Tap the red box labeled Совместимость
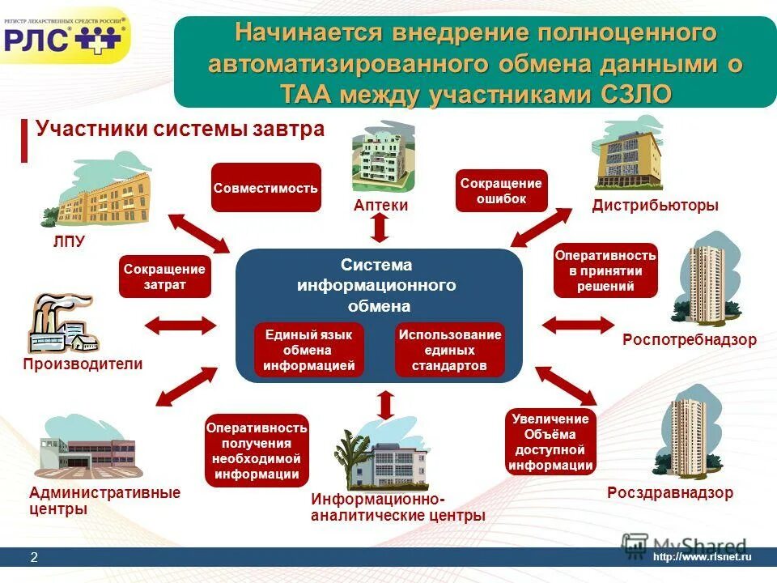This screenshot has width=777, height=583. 265,188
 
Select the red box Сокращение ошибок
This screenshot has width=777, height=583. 501,191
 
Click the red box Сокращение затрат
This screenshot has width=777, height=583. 165,277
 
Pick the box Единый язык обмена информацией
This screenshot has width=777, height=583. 308,350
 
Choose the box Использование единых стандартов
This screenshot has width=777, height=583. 449,350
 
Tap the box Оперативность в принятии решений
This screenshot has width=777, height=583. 605,270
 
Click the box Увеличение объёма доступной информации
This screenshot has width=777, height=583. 551,441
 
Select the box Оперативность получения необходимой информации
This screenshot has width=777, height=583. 257,450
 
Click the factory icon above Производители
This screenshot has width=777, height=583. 61,324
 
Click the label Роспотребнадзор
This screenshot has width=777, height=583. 689,340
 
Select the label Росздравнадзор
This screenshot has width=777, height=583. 669,492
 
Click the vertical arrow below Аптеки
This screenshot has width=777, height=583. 380,228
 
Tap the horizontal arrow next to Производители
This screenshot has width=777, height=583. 180,326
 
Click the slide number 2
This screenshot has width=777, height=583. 34,557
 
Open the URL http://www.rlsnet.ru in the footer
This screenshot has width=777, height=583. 702,557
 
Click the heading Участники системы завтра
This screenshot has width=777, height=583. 180,130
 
